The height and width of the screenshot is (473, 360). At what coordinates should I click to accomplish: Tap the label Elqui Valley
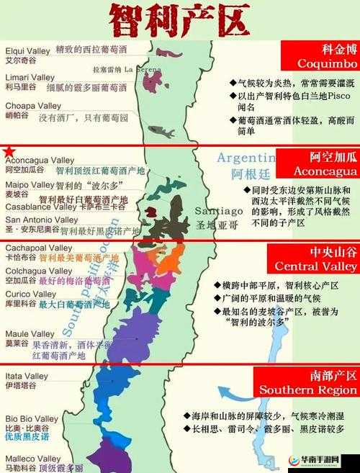[27, 51]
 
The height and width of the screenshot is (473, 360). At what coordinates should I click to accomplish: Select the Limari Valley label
[30, 77]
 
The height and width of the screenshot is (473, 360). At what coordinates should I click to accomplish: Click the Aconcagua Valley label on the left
[40, 160]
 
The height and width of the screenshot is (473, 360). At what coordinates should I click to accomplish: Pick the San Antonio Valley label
[41, 220]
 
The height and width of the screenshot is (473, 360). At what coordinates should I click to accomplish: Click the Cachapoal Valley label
[35, 248]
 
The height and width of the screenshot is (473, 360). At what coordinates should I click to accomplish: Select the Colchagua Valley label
[35, 271]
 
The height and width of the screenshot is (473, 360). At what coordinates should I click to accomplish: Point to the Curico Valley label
[30, 294]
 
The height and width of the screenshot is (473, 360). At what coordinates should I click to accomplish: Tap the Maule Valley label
[30, 334]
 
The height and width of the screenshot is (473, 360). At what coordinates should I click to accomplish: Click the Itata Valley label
[27, 376]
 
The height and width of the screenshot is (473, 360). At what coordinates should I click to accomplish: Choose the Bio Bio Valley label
[32, 418]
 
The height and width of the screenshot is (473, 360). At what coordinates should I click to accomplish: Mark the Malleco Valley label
[33, 458]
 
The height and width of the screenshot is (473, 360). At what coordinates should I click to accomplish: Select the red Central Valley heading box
[319, 259]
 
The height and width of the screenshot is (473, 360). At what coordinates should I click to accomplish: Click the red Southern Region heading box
[319, 382]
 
